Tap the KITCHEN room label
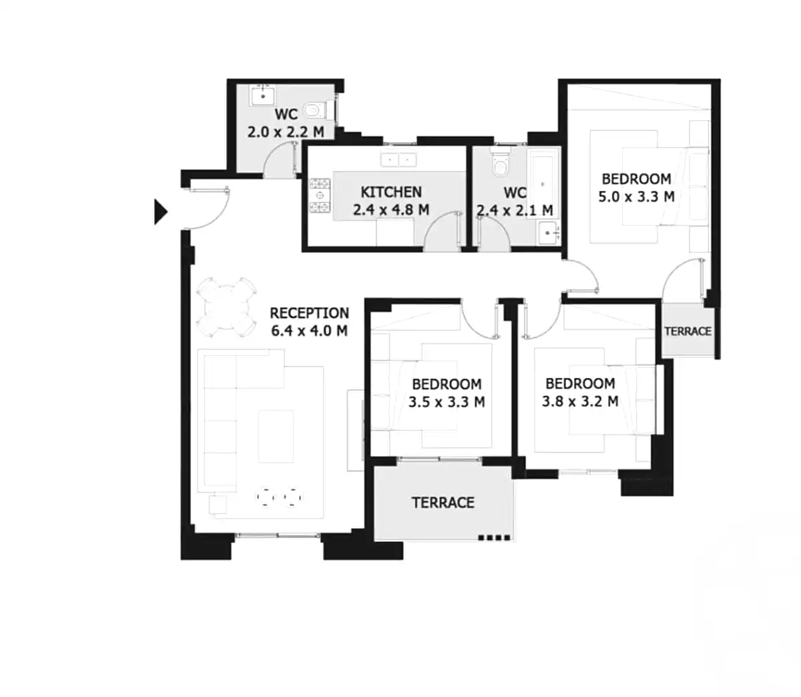391,192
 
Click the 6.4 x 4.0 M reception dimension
310,330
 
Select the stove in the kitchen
320,196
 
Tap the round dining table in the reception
228,306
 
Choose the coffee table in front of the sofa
275,436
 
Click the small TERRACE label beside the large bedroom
688,331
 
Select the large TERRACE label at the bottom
443,503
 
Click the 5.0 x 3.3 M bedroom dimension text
636,197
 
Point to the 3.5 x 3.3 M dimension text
447,402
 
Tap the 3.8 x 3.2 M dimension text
580,401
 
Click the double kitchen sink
398,160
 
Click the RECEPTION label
309,312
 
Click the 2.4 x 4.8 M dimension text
391,210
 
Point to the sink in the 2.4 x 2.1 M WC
549,233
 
